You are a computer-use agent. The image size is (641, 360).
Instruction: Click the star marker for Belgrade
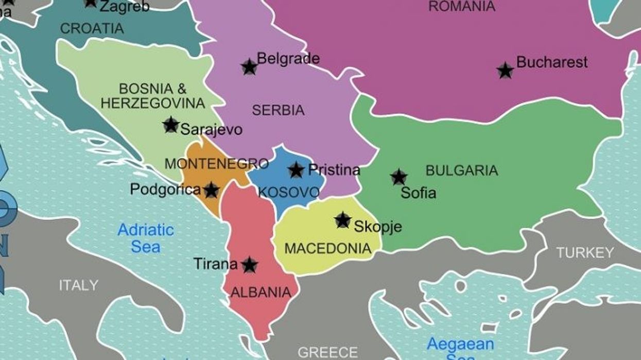pyautogui.click(x=249, y=67)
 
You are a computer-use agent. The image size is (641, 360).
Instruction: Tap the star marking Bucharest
pyautogui.click(x=506, y=71)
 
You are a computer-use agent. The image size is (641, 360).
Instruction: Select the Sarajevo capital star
pyautogui.click(x=171, y=125)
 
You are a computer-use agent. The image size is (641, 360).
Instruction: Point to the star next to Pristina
pyautogui.click(x=296, y=170)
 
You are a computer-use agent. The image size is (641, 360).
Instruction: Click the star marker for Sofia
pyautogui.click(x=399, y=177)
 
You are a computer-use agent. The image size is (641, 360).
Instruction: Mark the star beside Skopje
pyautogui.click(x=343, y=220)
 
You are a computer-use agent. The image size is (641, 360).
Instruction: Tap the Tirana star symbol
pyautogui.click(x=249, y=265)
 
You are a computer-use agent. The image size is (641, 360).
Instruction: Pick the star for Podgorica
pyautogui.click(x=211, y=190)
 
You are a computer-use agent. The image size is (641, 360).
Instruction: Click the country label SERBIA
pyautogui.click(x=278, y=110)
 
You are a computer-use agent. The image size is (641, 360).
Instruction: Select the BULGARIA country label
pyautogui.click(x=462, y=170)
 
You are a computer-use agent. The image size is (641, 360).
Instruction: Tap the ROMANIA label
pyautogui.click(x=462, y=7)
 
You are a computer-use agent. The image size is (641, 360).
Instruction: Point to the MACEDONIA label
pyautogui.click(x=327, y=249)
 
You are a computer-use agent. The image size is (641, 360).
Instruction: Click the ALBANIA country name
pyautogui.click(x=261, y=293)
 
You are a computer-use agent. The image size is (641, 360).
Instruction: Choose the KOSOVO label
pyautogui.click(x=289, y=193)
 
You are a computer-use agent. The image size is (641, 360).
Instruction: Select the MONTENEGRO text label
pyautogui.click(x=216, y=164)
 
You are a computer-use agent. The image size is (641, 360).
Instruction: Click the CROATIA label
pyautogui.click(x=92, y=28)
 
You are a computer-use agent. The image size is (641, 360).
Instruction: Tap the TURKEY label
pyautogui.click(x=585, y=253)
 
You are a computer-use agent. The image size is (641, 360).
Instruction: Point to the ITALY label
pyautogui.click(x=78, y=285)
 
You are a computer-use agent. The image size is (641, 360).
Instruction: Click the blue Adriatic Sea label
pyautogui.click(x=146, y=238)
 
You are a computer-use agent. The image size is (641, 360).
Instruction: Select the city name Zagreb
pyautogui.click(x=124, y=6)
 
